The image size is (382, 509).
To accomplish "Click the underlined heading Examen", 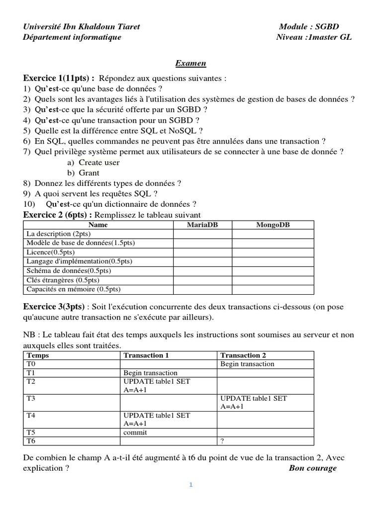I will (190, 63).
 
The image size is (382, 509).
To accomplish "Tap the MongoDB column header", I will (273, 225).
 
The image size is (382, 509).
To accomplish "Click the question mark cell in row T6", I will (222, 441).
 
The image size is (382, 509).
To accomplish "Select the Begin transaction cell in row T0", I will (247, 364).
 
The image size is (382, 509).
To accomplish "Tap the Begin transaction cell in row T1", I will (150, 373).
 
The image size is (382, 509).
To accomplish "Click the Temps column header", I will (38, 355).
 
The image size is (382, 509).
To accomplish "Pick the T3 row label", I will (31, 399).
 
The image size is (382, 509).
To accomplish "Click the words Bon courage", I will (312, 468).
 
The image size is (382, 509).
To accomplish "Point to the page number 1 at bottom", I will (191, 485).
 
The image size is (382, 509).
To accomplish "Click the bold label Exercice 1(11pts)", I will (59, 78).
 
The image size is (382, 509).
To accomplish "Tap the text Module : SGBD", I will (309, 26).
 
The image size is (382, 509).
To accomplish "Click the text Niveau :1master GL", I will (313, 37).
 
